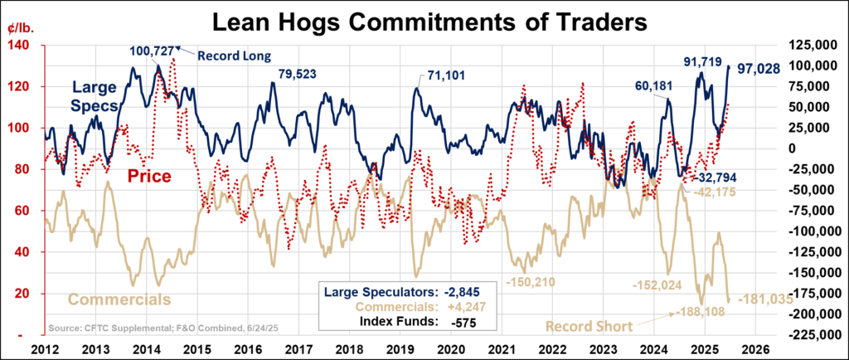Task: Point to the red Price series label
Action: pos(150,176)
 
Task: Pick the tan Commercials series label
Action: pos(119,299)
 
